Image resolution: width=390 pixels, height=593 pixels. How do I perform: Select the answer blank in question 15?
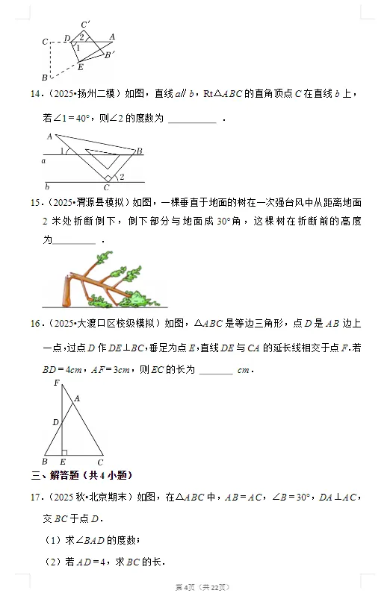point(75,240)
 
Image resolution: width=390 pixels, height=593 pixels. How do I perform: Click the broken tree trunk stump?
point(69,292)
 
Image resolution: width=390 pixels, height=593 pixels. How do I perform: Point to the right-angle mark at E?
point(65,452)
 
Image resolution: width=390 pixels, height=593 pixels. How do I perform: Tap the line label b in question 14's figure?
point(47,186)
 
